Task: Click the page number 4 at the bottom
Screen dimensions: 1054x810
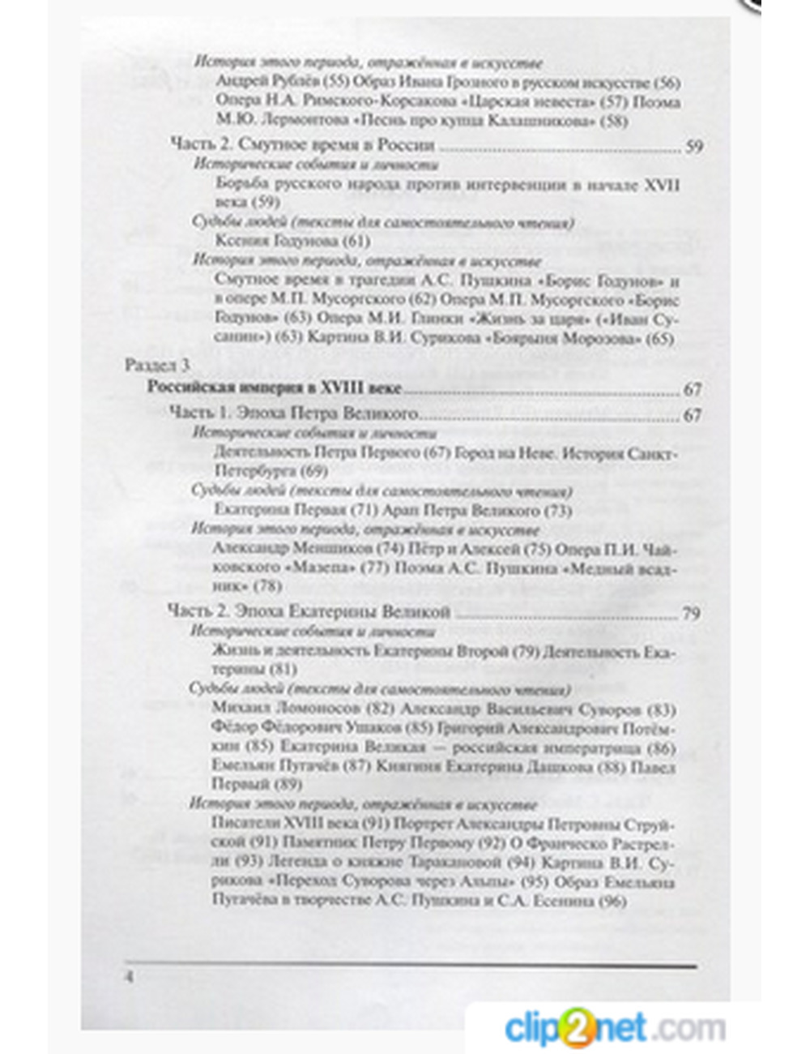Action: (x=128, y=976)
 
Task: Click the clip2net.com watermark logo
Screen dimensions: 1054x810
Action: (x=615, y=1028)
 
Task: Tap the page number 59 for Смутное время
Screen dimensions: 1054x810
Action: (x=694, y=147)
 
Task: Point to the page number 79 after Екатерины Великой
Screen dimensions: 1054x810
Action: (x=691, y=613)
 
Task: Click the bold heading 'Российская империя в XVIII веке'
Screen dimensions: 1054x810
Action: (x=274, y=388)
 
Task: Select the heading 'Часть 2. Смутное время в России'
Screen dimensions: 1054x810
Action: (x=302, y=145)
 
